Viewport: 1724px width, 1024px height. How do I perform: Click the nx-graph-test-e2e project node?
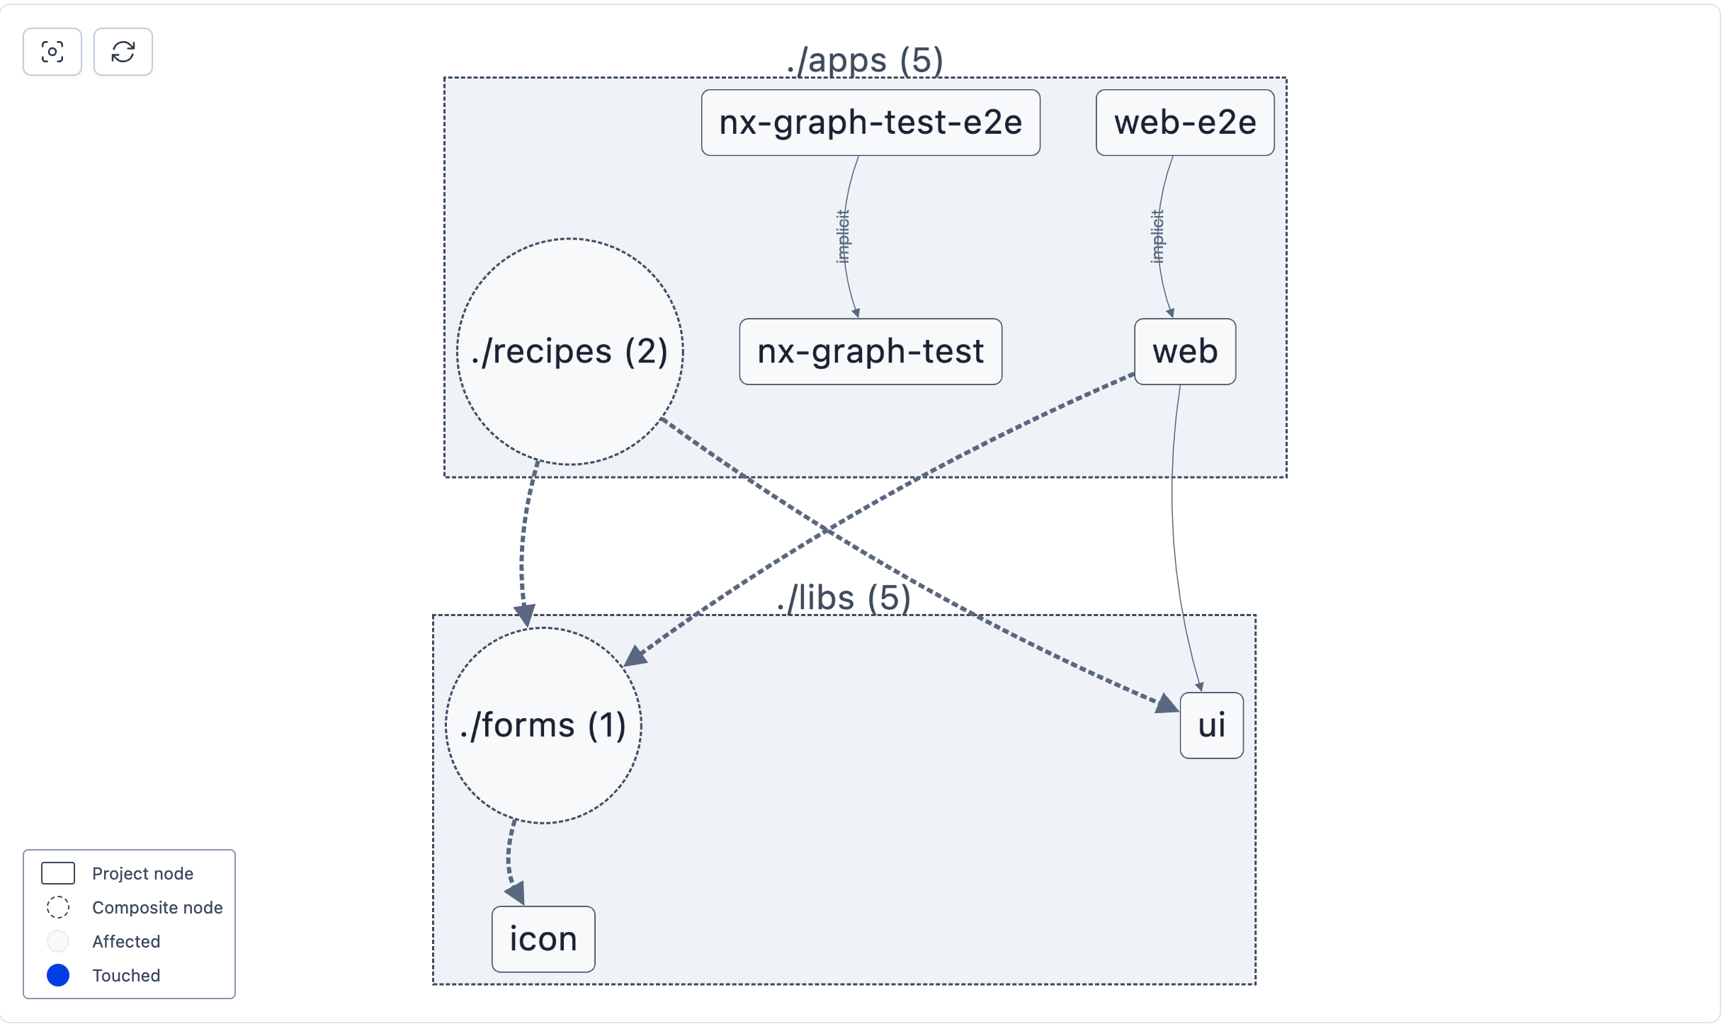click(870, 123)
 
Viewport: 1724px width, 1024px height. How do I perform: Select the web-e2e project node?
click(1185, 123)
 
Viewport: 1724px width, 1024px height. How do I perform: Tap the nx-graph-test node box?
click(870, 351)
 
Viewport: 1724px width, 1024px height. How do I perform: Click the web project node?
click(1185, 351)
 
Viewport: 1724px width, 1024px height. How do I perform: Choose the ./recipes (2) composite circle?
click(569, 351)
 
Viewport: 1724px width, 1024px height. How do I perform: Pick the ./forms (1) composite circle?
click(543, 725)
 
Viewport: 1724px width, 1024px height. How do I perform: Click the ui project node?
click(1211, 725)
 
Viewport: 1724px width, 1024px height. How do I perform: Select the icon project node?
click(543, 939)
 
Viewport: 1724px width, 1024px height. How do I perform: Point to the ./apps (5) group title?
click(865, 61)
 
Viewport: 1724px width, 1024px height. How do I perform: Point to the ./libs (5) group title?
click(844, 598)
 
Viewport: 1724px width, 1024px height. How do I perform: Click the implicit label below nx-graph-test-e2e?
click(842, 237)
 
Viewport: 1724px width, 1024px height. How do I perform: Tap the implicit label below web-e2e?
click(1157, 237)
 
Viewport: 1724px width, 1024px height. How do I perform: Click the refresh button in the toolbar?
click(123, 52)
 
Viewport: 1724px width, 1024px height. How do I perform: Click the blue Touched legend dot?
click(58, 975)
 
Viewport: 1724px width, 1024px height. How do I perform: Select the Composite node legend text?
click(157, 907)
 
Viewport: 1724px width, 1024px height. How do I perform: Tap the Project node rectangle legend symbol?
click(58, 873)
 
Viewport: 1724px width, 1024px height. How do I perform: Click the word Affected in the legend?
click(126, 941)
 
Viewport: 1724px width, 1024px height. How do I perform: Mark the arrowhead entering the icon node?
click(516, 893)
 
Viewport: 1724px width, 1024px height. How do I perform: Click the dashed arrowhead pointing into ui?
click(1167, 705)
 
